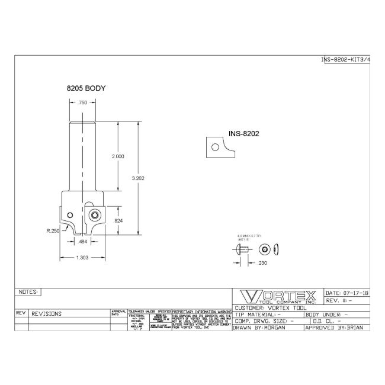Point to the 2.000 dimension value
pos(118,156)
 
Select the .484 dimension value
pos(84,242)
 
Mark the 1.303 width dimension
pos(84,258)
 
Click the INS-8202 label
pos(245,134)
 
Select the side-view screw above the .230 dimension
pos(243,249)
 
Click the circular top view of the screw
pos(264,249)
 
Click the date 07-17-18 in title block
pos(347,293)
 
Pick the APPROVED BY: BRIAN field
pos(336,327)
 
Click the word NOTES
pos(28,292)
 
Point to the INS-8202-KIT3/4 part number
pos(345,60)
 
